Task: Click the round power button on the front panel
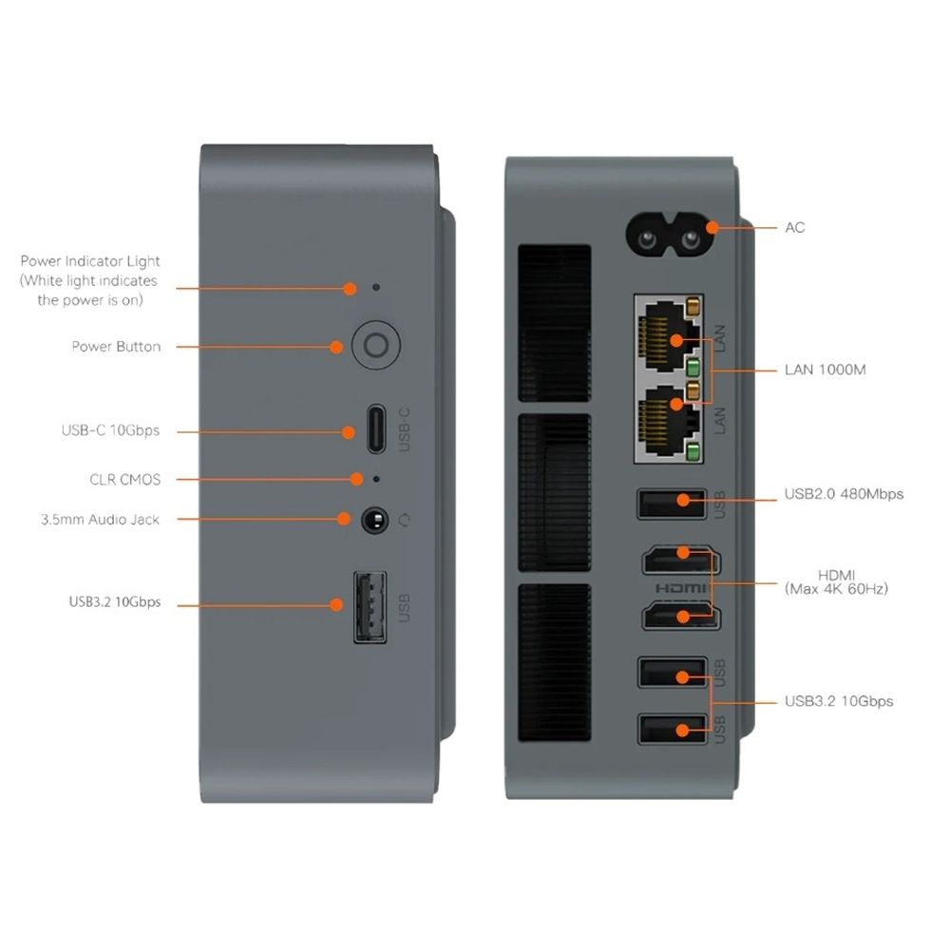pyautogui.click(x=375, y=347)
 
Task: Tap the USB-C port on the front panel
pyautogui.click(x=376, y=431)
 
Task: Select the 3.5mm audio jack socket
pyautogui.click(x=375, y=519)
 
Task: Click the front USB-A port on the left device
pyautogui.click(x=370, y=605)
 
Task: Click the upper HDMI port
pyautogui.click(x=676, y=560)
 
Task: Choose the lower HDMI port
pyautogui.click(x=676, y=617)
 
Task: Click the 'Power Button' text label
pyautogui.click(x=116, y=347)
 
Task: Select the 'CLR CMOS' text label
pyautogui.click(x=125, y=480)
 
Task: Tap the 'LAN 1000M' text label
pyautogui.click(x=825, y=370)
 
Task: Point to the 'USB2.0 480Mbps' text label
pyautogui.click(x=844, y=494)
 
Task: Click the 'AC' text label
pyautogui.click(x=795, y=228)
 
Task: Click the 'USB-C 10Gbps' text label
pyautogui.click(x=110, y=430)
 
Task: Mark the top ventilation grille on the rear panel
pyautogui.click(x=555, y=323)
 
